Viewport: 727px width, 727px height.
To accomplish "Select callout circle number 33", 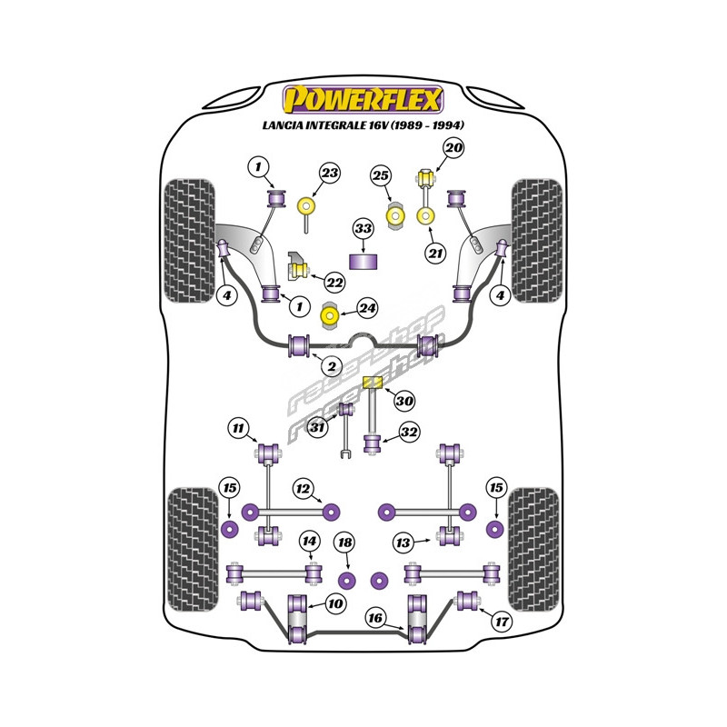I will (x=363, y=228).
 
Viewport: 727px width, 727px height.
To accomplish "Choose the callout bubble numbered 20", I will (x=453, y=147).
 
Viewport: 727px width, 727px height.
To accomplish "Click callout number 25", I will (x=381, y=175).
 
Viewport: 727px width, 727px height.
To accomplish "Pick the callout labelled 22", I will (x=334, y=283).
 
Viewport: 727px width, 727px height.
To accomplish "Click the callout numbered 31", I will (x=316, y=429).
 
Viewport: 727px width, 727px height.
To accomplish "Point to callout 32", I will (x=409, y=433).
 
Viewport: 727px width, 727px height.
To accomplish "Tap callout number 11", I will (x=237, y=428).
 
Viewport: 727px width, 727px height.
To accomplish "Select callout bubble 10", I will (x=334, y=603).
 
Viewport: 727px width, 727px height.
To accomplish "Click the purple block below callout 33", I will (x=363, y=262).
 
